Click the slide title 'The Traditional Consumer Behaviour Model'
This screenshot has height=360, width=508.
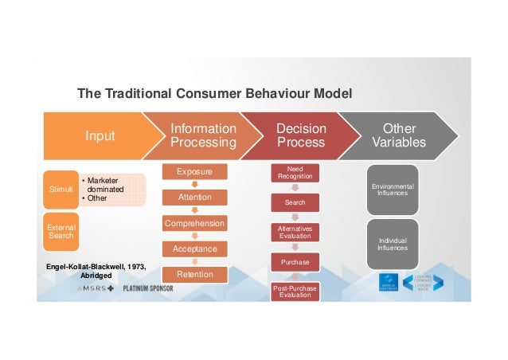tap(214, 95)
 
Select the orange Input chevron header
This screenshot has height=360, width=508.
tap(100, 136)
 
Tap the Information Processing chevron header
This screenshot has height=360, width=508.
tap(204, 135)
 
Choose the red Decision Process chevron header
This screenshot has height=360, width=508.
tap(300, 135)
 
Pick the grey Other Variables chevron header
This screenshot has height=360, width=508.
tap(399, 135)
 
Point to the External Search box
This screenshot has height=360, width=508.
tap(61, 231)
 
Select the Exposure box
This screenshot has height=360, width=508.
tap(193, 171)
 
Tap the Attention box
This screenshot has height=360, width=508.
tap(193, 198)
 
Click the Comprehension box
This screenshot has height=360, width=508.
tap(193, 224)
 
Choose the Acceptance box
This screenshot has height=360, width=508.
tap(193, 249)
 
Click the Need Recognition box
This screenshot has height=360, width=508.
tap(295, 172)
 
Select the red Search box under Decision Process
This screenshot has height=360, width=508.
tap(295, 203)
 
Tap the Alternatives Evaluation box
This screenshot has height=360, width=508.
tap(295, 232)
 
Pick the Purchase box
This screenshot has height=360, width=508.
tap(295, 261)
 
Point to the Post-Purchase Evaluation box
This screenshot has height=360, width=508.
tap(295, 292)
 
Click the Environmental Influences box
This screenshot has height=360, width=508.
tap(393, 190)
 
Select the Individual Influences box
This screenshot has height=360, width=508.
tap(393, 245)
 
